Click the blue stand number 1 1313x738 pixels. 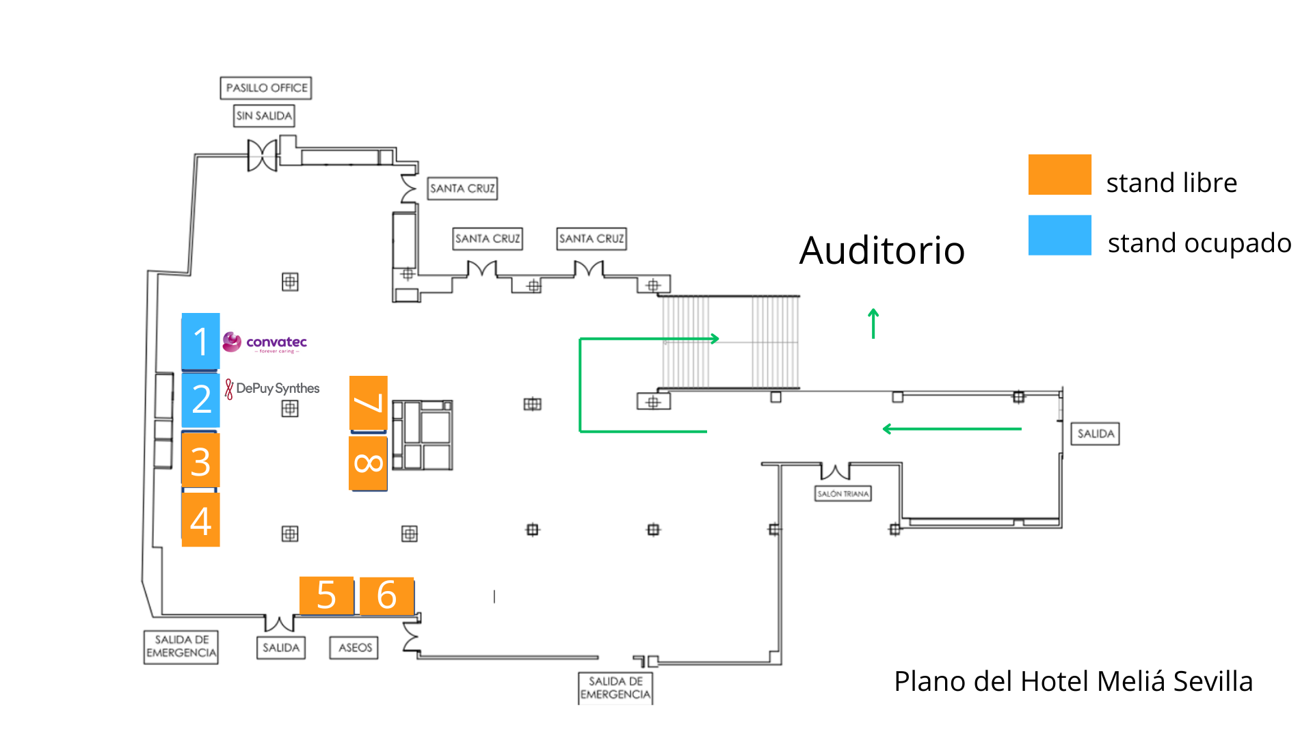tap(200, 341)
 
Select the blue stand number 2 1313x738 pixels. tap(200, 400)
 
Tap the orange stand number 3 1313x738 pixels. tap(200, 461)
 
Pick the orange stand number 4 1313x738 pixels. tap(200, 520)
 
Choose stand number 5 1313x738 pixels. tap(326, 595)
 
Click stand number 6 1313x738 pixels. tap(386, 595)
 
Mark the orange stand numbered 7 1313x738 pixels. tap(369, 403)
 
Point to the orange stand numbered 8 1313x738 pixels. tap(369, 463)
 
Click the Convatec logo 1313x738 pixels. tap(265, 342)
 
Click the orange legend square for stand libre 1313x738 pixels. tap(1059, 175)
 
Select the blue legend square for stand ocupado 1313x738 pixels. tap(1059, 235)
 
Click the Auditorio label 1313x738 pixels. tap(881, 250)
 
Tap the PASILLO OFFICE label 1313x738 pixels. tap(266, 88)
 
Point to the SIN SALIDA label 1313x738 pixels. tap(264, 116)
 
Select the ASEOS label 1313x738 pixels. tap(355, 648)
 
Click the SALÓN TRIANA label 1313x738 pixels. tap(843, 494)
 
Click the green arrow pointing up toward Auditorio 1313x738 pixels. tap(873, 323)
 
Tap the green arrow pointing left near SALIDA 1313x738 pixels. tap(951, 429)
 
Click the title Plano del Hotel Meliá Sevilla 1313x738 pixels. tap(1073, 681)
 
